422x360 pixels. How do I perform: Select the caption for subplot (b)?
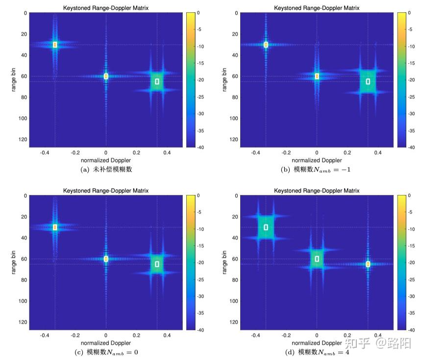click(317, 169)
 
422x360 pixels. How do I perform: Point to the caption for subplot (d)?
click(317, 352)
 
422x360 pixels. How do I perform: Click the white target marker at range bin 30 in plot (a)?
click(55, 45)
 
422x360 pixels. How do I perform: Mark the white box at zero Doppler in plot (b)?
click(317, 76)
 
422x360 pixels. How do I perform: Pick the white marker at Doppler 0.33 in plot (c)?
click(157, 264)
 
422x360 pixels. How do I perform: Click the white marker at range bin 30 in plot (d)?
click(266, 227)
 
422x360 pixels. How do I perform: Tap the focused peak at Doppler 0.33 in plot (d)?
click(368, 264)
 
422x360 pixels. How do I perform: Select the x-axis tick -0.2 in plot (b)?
click(286, 153)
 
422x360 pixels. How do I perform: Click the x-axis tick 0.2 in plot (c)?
click(136, 336)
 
